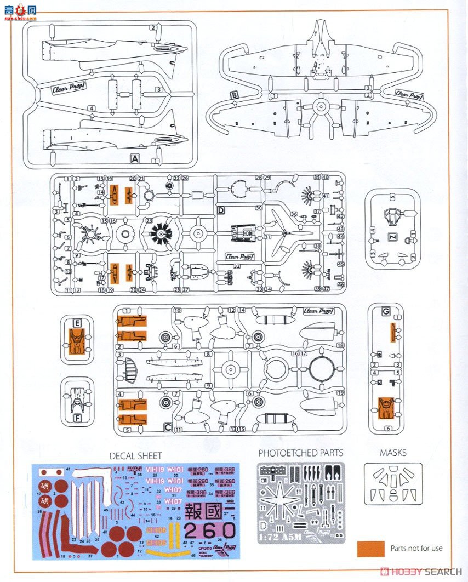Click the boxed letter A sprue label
[x=135, y=159]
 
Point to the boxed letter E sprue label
[x=77, y=323]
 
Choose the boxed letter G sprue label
[x=386, y=312]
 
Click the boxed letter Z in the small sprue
[x=392, y=237]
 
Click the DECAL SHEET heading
[x=135, y=455]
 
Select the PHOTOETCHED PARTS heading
[x=300, y=453]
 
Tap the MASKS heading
[x=393, y=453]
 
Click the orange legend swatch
[x=370, y=548]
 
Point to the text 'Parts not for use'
[x=416, y=548]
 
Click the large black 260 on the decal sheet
[x=210, y=530]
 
